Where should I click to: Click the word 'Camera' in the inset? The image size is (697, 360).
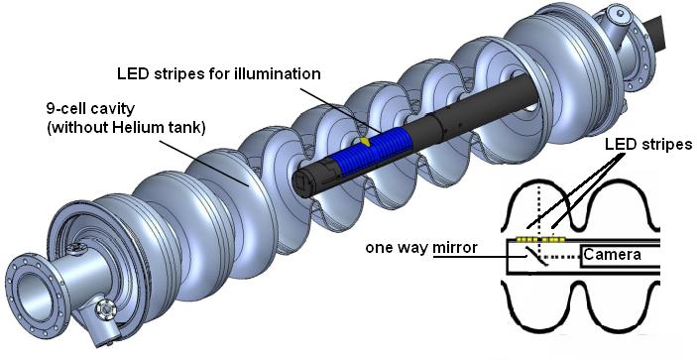pos(612,255)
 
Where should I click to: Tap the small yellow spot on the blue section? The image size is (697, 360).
pos(365,142)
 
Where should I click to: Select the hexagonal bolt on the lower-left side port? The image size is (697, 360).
pos(106,306)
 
